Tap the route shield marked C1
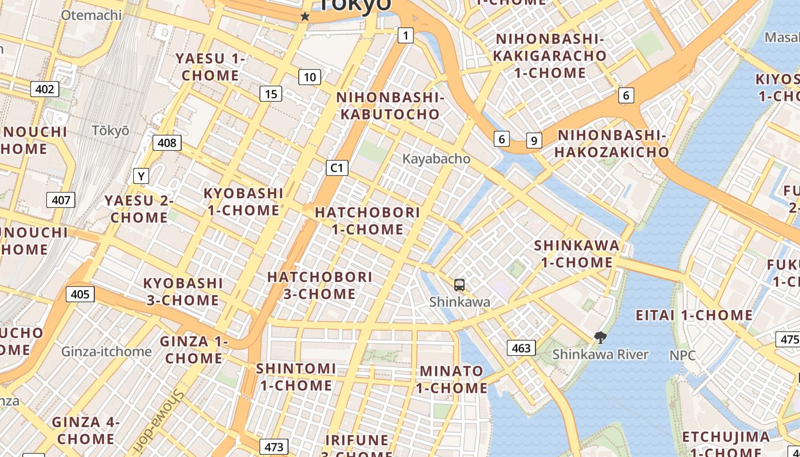[x=337, y=167]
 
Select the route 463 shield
[x=521, y=347]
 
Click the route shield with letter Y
[x=141, y=176]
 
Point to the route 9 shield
[x=534, y=140]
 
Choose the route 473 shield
[x=274, y=446]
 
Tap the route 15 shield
[x=271, y=94]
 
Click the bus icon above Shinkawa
[x=459, y=284]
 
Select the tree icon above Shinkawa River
[x=600, y=338]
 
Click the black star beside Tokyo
[x=305, y=17]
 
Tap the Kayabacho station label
[x=437, y=159]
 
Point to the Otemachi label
[x=91, y=15]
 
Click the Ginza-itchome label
[x=107, y=351]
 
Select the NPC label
[x=683, y=355]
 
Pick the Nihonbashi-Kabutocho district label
[x=391, y=106]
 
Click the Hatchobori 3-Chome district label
[x=320, y=285]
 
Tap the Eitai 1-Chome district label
[x=694, y=315]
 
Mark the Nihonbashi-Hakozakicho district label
[x=612, y=143]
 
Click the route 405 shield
[x=81, y=294]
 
